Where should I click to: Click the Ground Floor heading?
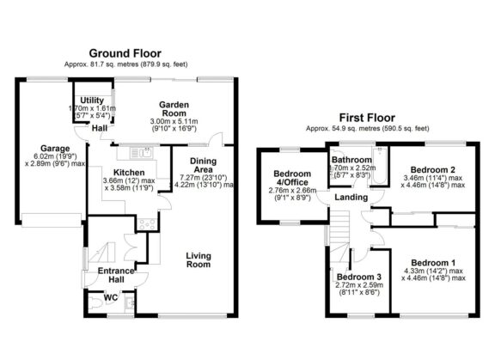click(x=126, y=52)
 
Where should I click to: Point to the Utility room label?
click(x=92, y=101)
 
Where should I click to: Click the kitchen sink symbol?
click(x=139, y=154)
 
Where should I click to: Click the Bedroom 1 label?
click(x=432, y=262)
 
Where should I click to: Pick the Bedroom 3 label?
click(x=358, y=277)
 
